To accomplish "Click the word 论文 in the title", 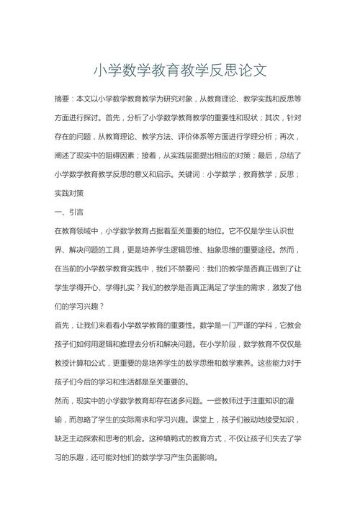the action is (x=253, y=71).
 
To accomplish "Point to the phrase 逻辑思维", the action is (x=202, y=250).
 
